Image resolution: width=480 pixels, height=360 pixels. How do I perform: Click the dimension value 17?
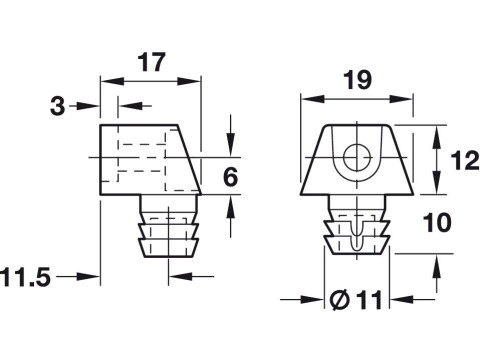tap(150, 62)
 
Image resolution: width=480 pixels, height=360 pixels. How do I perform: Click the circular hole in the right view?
tap(355, 157)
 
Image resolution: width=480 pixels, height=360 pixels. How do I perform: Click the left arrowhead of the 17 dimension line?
tap(105, 82)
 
